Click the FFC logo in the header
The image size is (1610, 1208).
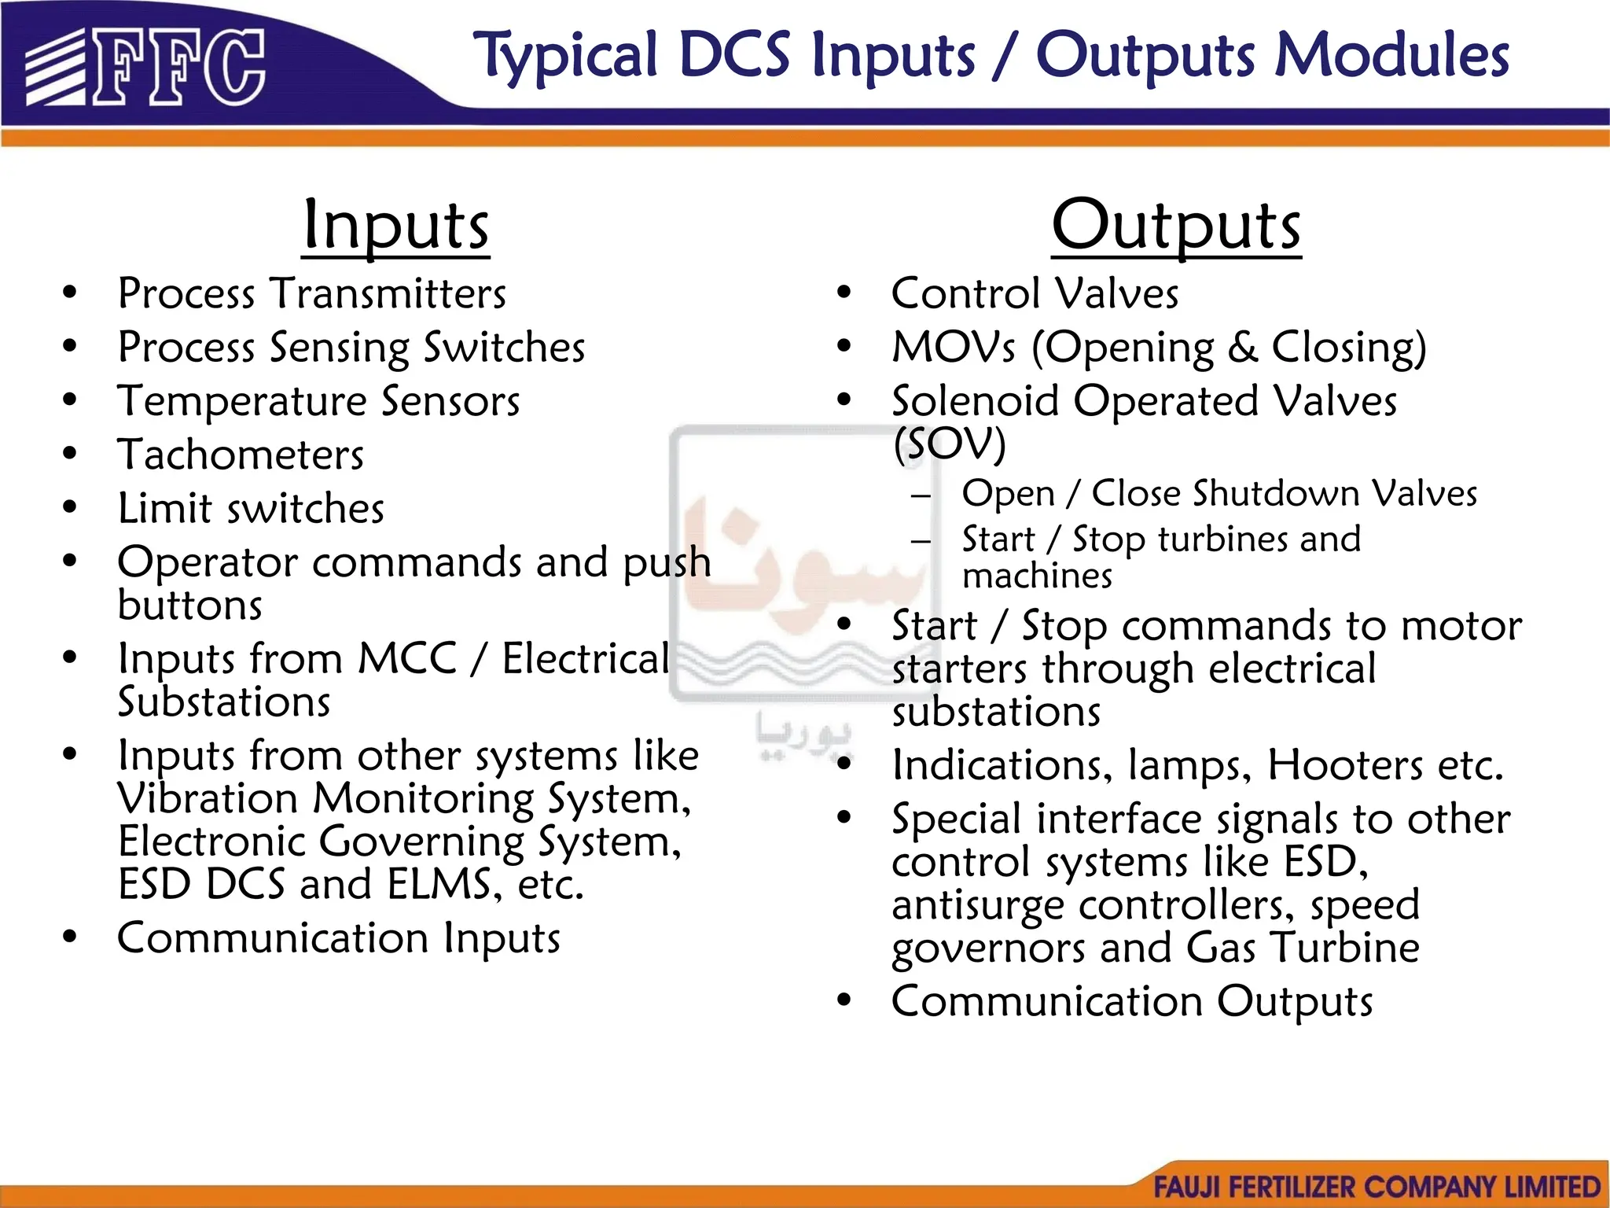145,68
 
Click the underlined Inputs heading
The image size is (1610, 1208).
395,226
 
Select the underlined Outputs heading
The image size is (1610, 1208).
1176,226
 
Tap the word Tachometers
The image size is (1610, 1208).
241,455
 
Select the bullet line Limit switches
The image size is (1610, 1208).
251,509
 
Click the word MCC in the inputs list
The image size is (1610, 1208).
407,659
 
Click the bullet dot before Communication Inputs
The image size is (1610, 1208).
70,937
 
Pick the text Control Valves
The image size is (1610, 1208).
1035,294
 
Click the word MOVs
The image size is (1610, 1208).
954,348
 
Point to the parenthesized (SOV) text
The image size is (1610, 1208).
949,444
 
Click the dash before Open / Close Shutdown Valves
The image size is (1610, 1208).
921,495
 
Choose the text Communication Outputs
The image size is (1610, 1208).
1132,1002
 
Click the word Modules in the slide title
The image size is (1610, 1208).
1391,57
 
